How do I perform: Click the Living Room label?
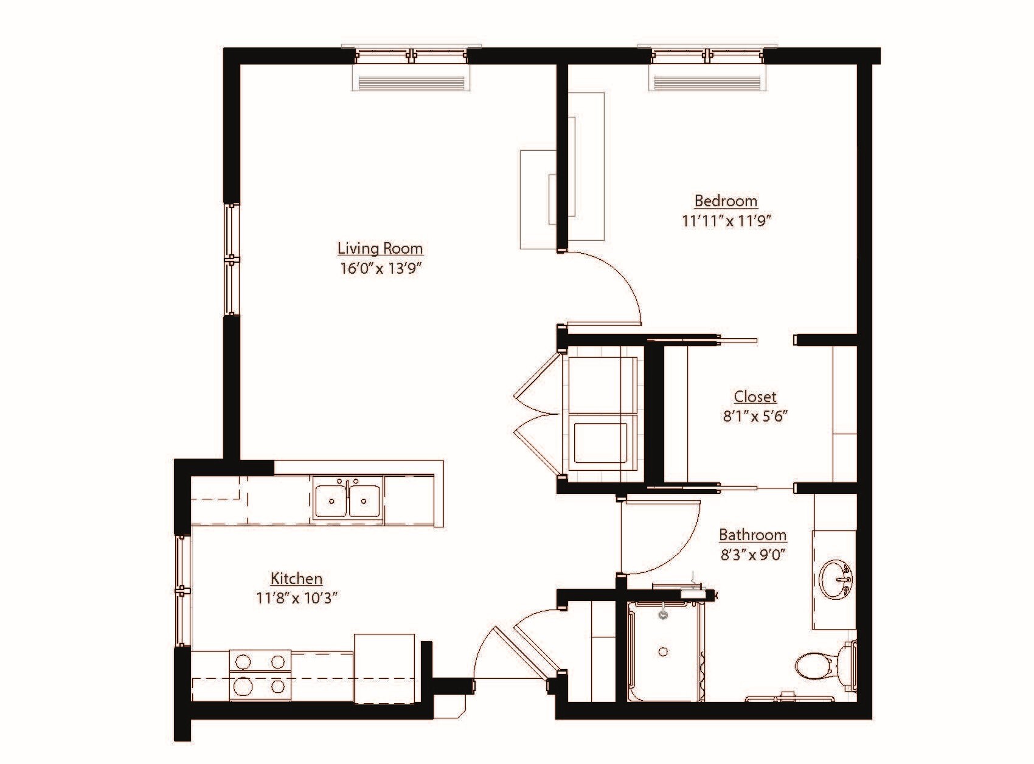[x=380, y=248]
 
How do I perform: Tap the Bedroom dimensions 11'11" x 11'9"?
[x=726, y=220]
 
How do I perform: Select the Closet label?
[x=755, y=397]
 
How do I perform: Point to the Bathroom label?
[x=752, y=535]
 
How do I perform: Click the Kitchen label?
[x=296, y=578]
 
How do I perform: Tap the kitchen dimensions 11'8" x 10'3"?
[x=296, y=598]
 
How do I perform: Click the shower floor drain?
[x=664, y=651]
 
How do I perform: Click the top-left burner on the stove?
[x=243, y=661]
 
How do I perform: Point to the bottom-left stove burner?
[x=243, y=687]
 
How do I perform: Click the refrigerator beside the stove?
[x=384, y=668]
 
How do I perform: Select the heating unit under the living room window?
[x=411, y=82]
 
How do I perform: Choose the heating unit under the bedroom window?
[x=707, y=82]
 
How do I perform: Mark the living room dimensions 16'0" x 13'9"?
[x=380, y=268]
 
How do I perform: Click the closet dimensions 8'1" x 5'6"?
[x=755, y=417]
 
